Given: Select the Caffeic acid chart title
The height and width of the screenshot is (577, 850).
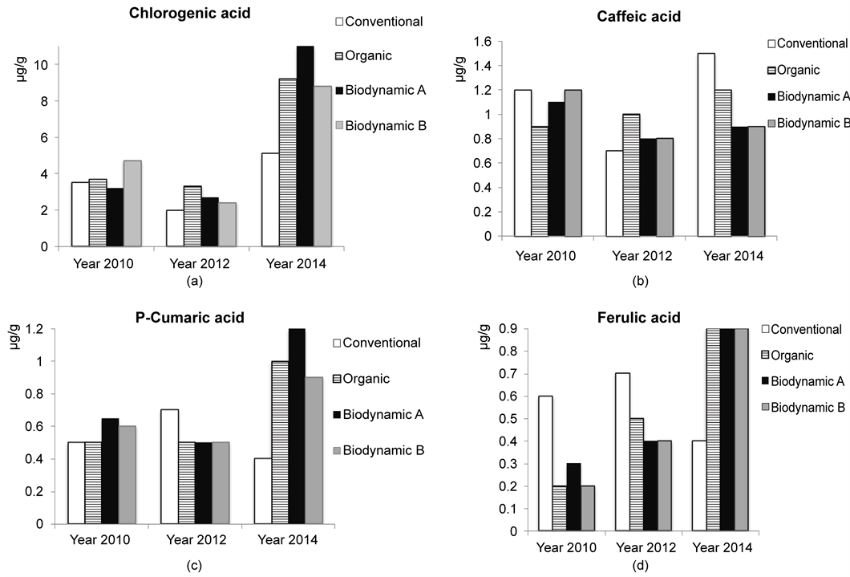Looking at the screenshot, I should point(638,17).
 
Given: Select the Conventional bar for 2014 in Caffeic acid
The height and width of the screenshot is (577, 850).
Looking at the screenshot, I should point(706,145).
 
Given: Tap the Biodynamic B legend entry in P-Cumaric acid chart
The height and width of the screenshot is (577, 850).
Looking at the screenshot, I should point(377,450).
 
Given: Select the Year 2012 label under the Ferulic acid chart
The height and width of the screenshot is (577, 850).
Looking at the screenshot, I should point(647,547).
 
